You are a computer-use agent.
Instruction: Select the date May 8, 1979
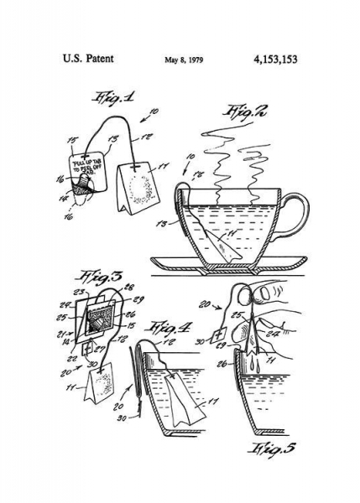click(x=184, y=60)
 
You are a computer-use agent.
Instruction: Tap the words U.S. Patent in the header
click(x=88, y=60)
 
